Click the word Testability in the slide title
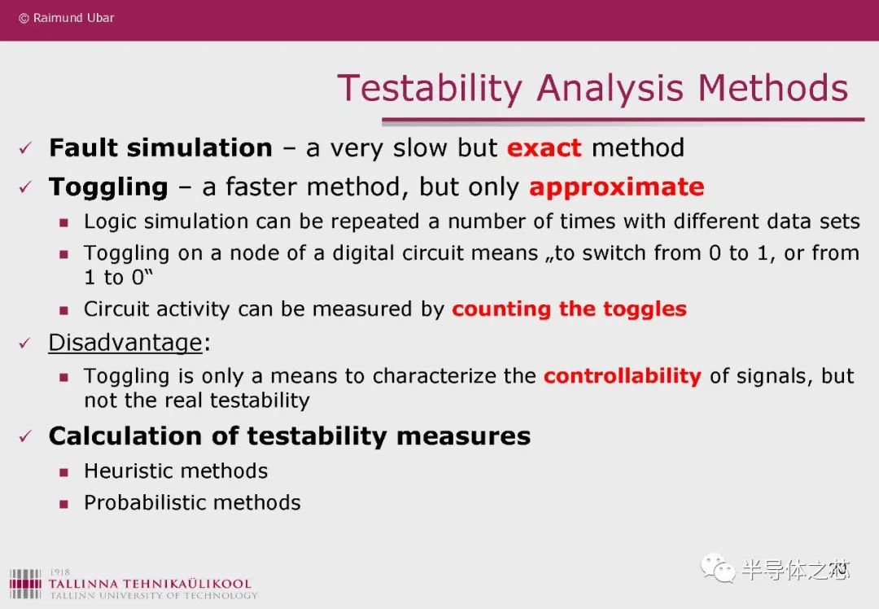tap(430, 89)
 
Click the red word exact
tap(544, 148)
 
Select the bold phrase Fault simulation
tap(161, 147)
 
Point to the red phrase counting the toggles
tap(569, 309)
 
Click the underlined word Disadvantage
tap(125, 342)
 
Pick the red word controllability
tap(623, 375)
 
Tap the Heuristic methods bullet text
tap(176, 471)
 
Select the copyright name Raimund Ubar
tap(73, 18)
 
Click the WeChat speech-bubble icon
tap(718, 568)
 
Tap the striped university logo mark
tap(25, 584)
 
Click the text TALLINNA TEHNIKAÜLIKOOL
tap(150, 584)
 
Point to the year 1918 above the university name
tap(59, 572)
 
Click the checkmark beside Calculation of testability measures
tap(25, 436)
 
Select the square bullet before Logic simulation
tap(64, 222)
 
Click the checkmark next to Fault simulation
tap(25, 148)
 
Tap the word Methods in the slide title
tap(773, 89)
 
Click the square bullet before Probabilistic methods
tap(64, 504)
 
